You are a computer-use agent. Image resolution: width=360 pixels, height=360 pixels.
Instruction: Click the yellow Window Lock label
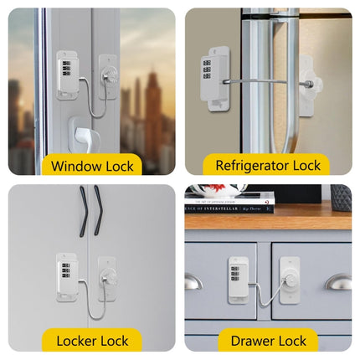[92, 165]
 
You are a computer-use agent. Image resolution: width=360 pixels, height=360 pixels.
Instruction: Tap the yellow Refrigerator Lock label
[268, 165]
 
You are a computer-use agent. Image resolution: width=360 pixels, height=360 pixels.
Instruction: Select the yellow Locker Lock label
[92, 341]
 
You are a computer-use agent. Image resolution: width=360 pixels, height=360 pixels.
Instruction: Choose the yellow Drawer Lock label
[268, 341]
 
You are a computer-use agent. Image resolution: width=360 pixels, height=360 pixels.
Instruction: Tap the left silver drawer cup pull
[193, 283]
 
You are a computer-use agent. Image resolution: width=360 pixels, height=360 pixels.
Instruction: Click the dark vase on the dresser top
[340, 198]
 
